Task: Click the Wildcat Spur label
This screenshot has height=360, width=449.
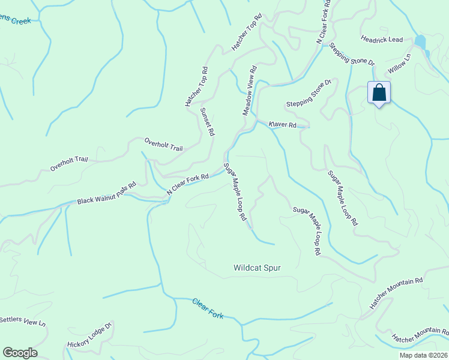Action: [x=257, y=268]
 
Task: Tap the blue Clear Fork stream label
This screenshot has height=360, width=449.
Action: [x=208, y=308]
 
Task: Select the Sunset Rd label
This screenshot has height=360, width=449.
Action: [x=207, y=122]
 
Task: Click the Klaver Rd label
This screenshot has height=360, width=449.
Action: [x=283, y=124]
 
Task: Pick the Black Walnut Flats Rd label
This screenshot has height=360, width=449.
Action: [x=107, y=194]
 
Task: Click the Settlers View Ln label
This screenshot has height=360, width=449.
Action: [x=23, y=321]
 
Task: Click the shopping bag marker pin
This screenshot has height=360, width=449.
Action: [x=379, y=93]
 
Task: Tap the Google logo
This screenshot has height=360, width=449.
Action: [x=20, y=353]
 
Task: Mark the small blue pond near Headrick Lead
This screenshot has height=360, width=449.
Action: [x=420, y=42]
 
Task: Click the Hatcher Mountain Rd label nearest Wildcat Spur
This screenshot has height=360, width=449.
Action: [x=396, y=293]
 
